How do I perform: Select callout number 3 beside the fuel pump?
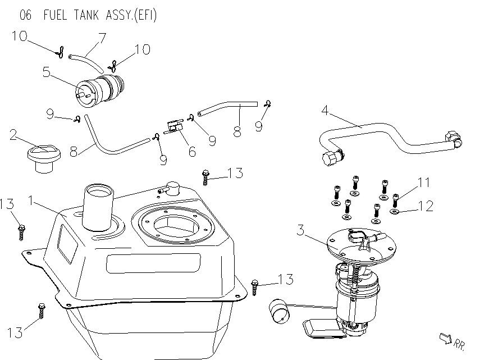click(300, 230)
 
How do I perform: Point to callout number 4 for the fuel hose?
click(325, 110)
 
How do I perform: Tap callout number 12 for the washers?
click(426, 206)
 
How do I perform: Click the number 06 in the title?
click(26, 15)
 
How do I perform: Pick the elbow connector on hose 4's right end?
click(453, 138)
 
